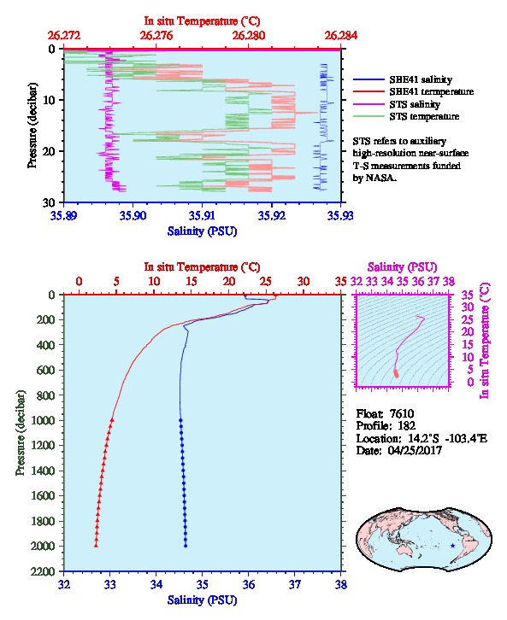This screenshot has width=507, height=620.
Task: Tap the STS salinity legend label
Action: pos(415,104)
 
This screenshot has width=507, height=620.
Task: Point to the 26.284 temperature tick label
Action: pos(341,36)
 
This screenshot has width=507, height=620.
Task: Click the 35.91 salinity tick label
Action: pos(203,215)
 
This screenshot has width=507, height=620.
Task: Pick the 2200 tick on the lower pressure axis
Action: pos(43,571)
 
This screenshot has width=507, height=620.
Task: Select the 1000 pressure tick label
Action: pos(43,420)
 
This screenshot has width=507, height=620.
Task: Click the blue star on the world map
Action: pos(452,546)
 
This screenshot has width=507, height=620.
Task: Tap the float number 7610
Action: pos(402,413)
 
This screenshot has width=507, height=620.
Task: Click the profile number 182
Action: pos(406,425)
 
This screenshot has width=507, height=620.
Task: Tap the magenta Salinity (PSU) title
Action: pos(402,267)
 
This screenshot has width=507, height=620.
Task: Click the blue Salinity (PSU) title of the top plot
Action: pos(203,231)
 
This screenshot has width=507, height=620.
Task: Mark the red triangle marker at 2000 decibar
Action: pos(96,545)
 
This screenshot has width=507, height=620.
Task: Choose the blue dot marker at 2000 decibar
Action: pos(186,546)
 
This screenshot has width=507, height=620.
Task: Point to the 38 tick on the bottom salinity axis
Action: pos(341,584)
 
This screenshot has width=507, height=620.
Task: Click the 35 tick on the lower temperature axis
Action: pos(341,282)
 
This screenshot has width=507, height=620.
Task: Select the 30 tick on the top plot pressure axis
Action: pos(49,202)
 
